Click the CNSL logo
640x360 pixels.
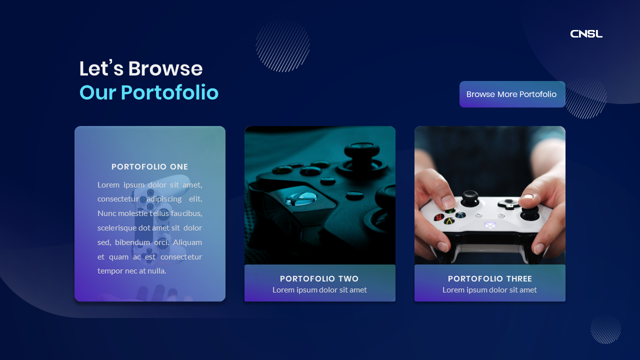click(x=586, y=34)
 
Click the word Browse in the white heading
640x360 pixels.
click(x=165, y=69)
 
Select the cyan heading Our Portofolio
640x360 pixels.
click(x=149, y=93)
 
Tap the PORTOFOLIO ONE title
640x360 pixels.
click(x=150, y=167)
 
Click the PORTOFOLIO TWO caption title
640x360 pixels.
click(x=319, y=279)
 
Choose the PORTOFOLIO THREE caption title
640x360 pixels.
click(x=490, y=279)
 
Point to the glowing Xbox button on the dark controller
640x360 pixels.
click(x=300, y=199)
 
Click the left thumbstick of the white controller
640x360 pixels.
click(x=469, y=196)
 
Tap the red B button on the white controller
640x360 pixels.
click(x=439, y=217)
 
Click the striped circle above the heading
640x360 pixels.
click(x=283, y=45)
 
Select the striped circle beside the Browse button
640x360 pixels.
click(x=586, y=98)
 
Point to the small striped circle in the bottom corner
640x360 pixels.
click(x=605, y=329)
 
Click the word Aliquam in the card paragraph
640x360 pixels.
click(x=187, y=242)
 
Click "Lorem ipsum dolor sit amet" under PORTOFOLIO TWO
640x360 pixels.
click(x=319, y=290)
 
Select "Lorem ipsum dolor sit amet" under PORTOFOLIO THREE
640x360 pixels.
click(x=489, y=290)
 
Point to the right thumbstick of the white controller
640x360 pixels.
click(x=529, y=212)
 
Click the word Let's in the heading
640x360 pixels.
click(x=101, y=69)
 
